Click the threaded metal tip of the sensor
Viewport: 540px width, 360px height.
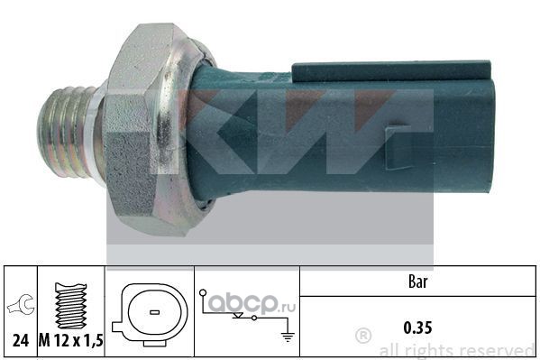66,132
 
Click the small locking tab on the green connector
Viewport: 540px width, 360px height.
396,148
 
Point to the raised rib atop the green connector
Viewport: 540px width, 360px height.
391,71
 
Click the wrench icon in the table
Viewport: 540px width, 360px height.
22,305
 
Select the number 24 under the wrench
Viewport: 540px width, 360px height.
21,341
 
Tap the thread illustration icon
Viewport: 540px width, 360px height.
71,306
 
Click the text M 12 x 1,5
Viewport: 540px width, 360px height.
71,341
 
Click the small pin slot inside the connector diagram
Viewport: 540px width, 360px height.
155,312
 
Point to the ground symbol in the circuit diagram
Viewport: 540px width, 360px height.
288,337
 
